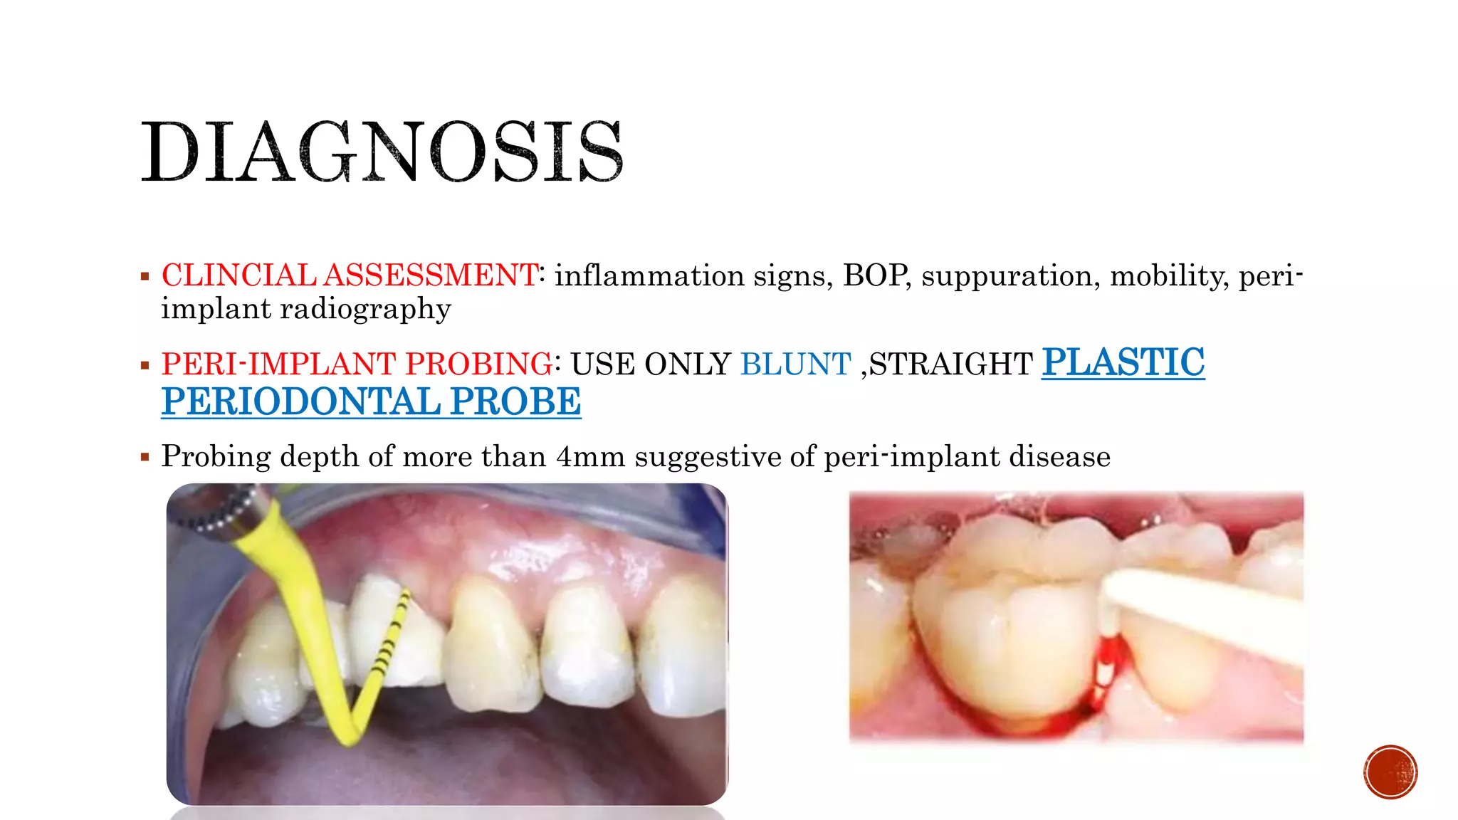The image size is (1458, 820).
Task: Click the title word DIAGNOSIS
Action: point(382,152)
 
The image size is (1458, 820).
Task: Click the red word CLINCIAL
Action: point(238,275)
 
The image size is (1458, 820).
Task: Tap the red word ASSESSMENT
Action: point(431,275)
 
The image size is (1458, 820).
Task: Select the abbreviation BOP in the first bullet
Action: point(875,275)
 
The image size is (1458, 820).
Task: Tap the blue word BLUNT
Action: point(795,364)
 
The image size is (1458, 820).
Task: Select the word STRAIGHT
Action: point(951,364)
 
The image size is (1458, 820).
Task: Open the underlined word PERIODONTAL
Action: point(300,401)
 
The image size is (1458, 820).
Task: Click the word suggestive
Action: point(708,456)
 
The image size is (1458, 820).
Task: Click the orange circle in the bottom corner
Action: point(1390,772)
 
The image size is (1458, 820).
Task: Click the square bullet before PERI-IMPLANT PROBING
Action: point(145,366)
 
